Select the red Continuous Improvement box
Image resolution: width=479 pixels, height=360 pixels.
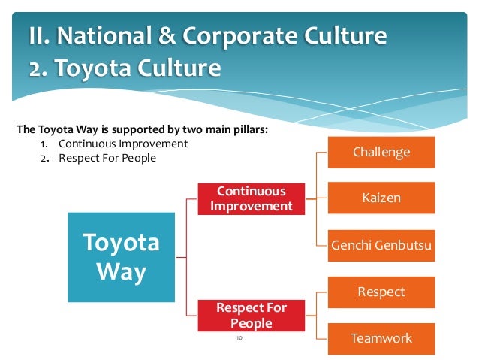pos(251,197)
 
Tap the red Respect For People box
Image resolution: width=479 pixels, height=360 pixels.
pos(251,316)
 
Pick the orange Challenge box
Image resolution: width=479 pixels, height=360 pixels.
pos(381,153)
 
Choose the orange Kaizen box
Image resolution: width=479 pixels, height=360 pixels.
pos(381,199)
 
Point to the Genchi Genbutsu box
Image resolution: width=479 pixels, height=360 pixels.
pos(381,246)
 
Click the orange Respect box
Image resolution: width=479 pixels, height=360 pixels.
pos(381,292)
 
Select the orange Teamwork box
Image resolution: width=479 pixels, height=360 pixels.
pos(381,338)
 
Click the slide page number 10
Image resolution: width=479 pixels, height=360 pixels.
pos(239,340)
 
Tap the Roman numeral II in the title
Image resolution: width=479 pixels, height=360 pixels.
pos(40,35)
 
